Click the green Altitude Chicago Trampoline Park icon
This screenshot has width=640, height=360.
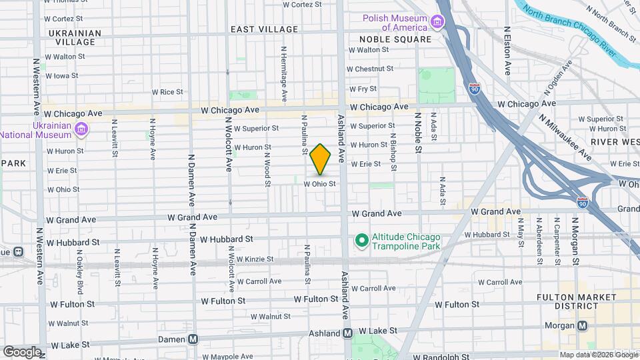pyautogui.click(x=361, y=239)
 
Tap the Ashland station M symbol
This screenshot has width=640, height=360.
pyautogui.click(x=347, y=332)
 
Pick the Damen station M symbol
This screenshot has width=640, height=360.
pyautogui.click(x=193, y=339)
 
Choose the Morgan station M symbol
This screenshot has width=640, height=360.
pyautogui.click(x=582, y=325)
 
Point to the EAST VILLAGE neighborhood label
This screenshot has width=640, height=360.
pyautogui.click(x=264, y=29)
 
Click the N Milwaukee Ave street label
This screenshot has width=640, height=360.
pyautogui.click(x=565, y=135)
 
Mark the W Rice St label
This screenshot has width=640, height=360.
pyautogui.click(x=167, y=92)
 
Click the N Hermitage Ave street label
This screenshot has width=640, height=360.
pyautogui.click(x=284, y=73)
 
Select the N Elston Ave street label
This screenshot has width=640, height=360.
pyautogui.click(x=507, y=50)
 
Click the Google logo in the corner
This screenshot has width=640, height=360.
pyautogui.click(x=22, y=351)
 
